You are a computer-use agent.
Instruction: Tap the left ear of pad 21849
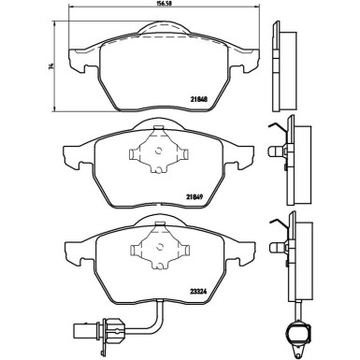click(70, 154)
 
